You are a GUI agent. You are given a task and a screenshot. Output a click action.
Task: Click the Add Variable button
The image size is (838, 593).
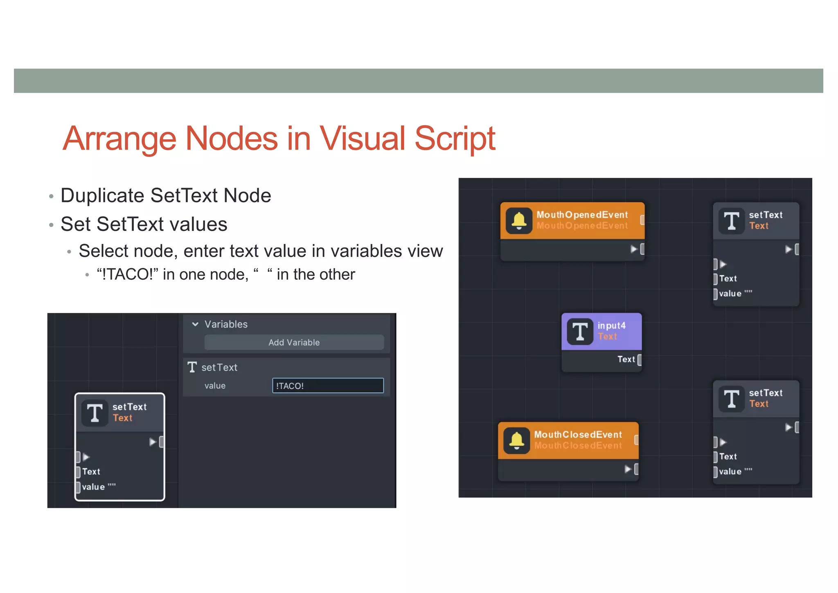click(x=294, y=342)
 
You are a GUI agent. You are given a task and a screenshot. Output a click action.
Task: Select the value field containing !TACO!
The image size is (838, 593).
click(x=328, y=385)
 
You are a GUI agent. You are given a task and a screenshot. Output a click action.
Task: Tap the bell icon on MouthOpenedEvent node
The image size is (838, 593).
click(x=519, y=220)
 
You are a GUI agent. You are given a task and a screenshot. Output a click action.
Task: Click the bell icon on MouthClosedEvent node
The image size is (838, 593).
click(x=516, y=440)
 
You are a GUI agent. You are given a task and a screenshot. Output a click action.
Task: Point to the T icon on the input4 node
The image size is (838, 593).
click(x=580, y=331)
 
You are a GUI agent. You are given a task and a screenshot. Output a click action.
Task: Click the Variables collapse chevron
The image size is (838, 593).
click(x=195, y=324)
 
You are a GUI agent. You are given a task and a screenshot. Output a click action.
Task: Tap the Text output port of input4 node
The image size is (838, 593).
click(x=640, y=360)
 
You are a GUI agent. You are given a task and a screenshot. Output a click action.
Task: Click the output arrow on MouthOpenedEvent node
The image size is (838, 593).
click(x=634, y=249)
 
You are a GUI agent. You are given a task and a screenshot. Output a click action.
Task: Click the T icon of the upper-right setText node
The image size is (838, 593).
click(x=731, y=221)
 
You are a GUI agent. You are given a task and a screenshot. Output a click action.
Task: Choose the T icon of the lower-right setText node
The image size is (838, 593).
click(x=731, y=399)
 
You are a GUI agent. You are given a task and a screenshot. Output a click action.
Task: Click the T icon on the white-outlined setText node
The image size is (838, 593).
click(x=95, y=413)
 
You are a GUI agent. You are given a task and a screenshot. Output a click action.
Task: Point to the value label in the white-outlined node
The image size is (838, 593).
click(x=93, y=487)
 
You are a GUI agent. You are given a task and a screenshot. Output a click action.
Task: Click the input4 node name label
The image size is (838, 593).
click(x=611, y=326)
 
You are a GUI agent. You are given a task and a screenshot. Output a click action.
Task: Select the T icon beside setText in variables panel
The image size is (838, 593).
click(x=192, y=367)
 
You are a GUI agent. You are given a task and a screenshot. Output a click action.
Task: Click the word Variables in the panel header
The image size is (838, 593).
click(x=226, y=324)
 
